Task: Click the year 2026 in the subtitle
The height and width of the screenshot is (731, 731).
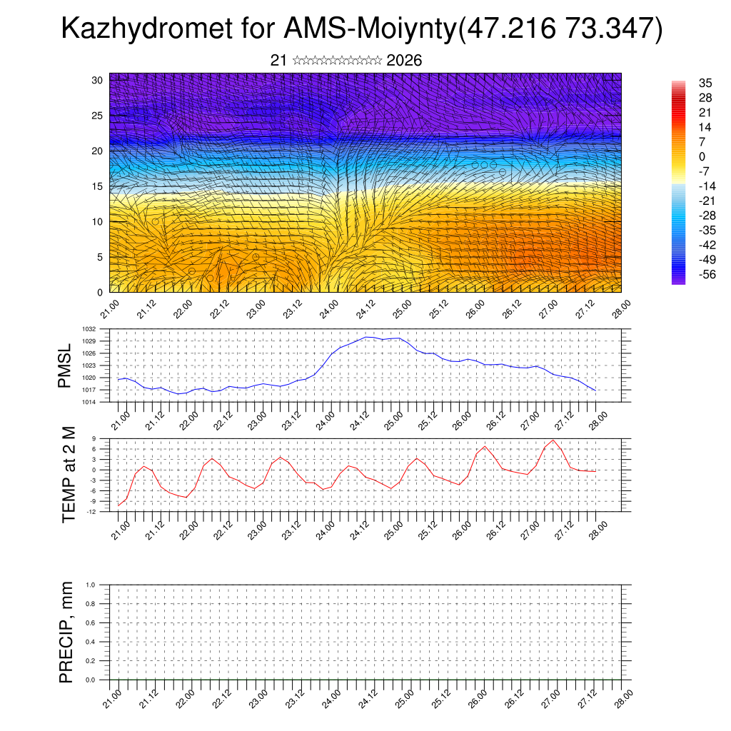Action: (403, 61)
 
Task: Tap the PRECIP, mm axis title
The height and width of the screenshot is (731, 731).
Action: (66, 632)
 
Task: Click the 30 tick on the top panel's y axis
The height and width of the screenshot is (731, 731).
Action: (97, 80)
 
